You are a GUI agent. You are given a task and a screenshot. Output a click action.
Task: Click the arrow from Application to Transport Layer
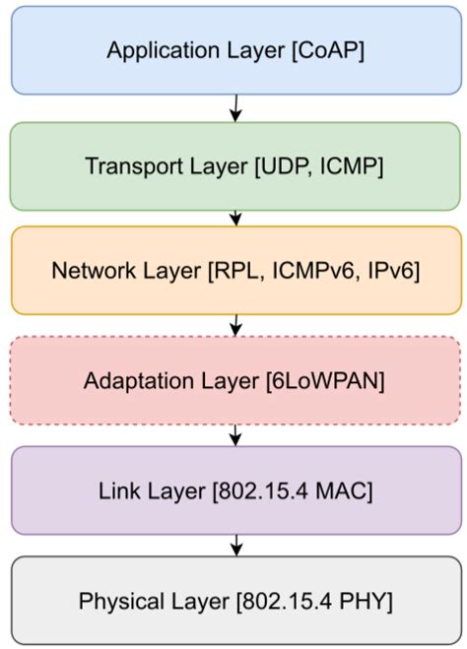(x=234, y=106)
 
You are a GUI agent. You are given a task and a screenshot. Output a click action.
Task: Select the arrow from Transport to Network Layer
(x=234, y=217)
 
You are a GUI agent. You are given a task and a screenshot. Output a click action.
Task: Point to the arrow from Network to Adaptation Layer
(x=234, y=325)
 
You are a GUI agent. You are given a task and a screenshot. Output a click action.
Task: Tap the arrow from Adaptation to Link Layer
(x=234, y=435)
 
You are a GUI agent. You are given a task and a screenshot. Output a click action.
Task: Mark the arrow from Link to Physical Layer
(x=234, y=545)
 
